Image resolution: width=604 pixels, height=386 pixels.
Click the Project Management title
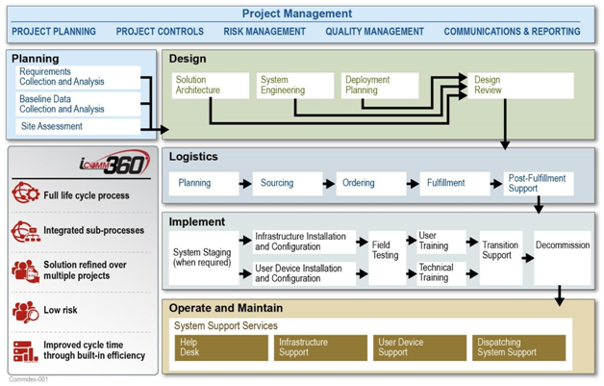click(x=296, y=13)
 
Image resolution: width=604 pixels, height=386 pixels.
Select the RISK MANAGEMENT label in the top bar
click(x=264, y=31)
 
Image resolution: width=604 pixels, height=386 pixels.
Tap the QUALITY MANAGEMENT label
click(x=374, y=31)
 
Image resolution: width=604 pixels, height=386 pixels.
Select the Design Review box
click(x=520, y=86)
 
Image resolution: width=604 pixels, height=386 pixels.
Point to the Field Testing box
click(x=387, y=251)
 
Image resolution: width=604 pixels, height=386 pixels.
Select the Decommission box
click(x=562, y=246)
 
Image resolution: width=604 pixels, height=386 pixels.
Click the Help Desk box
click(x=217, y=347)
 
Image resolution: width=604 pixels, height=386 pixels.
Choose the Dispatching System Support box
click(x=516, y=347)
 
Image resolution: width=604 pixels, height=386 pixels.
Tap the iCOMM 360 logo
click(x=115, y=163)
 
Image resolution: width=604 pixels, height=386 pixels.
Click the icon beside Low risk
click(x=25, y=311)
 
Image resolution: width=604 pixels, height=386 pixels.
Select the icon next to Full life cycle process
click(x=25, y=195)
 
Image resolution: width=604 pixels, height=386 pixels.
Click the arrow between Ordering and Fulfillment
click(x=408, y=183)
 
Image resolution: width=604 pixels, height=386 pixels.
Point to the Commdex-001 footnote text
click(x=29, y=379)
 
